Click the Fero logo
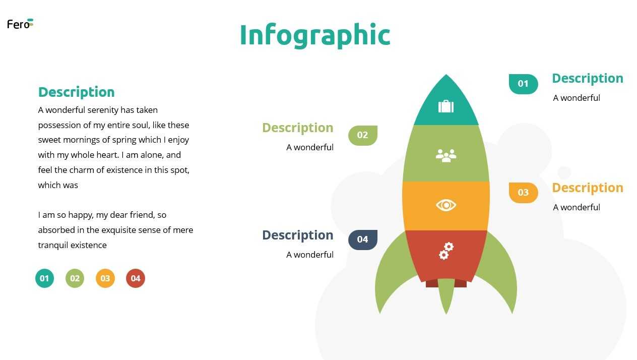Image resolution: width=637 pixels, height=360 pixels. pyautogui.click(x=20, y=24)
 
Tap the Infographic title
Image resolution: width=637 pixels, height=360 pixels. pyautogui.click(x=315, y=36)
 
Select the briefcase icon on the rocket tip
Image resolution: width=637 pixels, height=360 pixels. pyautogui.click(x=446, y=106)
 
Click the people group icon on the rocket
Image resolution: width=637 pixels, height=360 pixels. pyautogui.click(x=446, y=156)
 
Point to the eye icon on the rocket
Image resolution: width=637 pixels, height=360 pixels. pyautogui.click(x=446, y=205)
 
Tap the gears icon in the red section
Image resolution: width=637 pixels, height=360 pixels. pyautogui.click(x=446, y=251)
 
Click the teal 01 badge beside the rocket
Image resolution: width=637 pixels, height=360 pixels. pyautogui.click(x=523, y=84)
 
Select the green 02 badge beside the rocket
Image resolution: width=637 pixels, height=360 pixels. pyautogui.click(x=363, y=135)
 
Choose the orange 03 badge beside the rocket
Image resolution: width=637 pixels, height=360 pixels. pyautogui.click(x=523, y=193)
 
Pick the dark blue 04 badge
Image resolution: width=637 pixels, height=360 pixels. pyautogui.click(x=363, y=239)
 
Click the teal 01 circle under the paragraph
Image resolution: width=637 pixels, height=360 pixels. pyautogui.click(x=45, y=278)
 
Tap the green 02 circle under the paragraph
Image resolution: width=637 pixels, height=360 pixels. pyautogui.click(x=75, y=278)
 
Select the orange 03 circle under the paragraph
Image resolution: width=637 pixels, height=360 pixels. pyautogui.click(x=105, y=278)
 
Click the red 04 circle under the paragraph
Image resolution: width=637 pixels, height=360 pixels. pyautogui.click(x=136, y=278)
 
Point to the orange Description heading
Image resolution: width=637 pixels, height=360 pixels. pyautogui.click(x=588, y=188)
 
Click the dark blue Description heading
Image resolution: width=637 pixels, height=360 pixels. pyautogui.click(x=298, y=235)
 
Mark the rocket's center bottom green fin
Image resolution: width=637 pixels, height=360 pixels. pyautogui.click(x=446, y=294)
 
